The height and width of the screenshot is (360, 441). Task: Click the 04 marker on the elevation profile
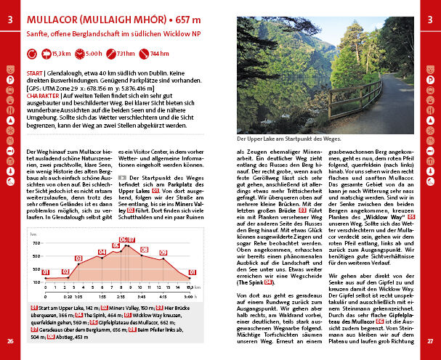102,253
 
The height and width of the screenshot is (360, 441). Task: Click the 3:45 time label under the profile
142,296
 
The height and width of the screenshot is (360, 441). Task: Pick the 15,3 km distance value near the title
61,53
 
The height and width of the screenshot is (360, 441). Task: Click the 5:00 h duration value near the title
94,53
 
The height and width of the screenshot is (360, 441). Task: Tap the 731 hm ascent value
126,53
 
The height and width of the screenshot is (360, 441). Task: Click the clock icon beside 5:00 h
78,53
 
